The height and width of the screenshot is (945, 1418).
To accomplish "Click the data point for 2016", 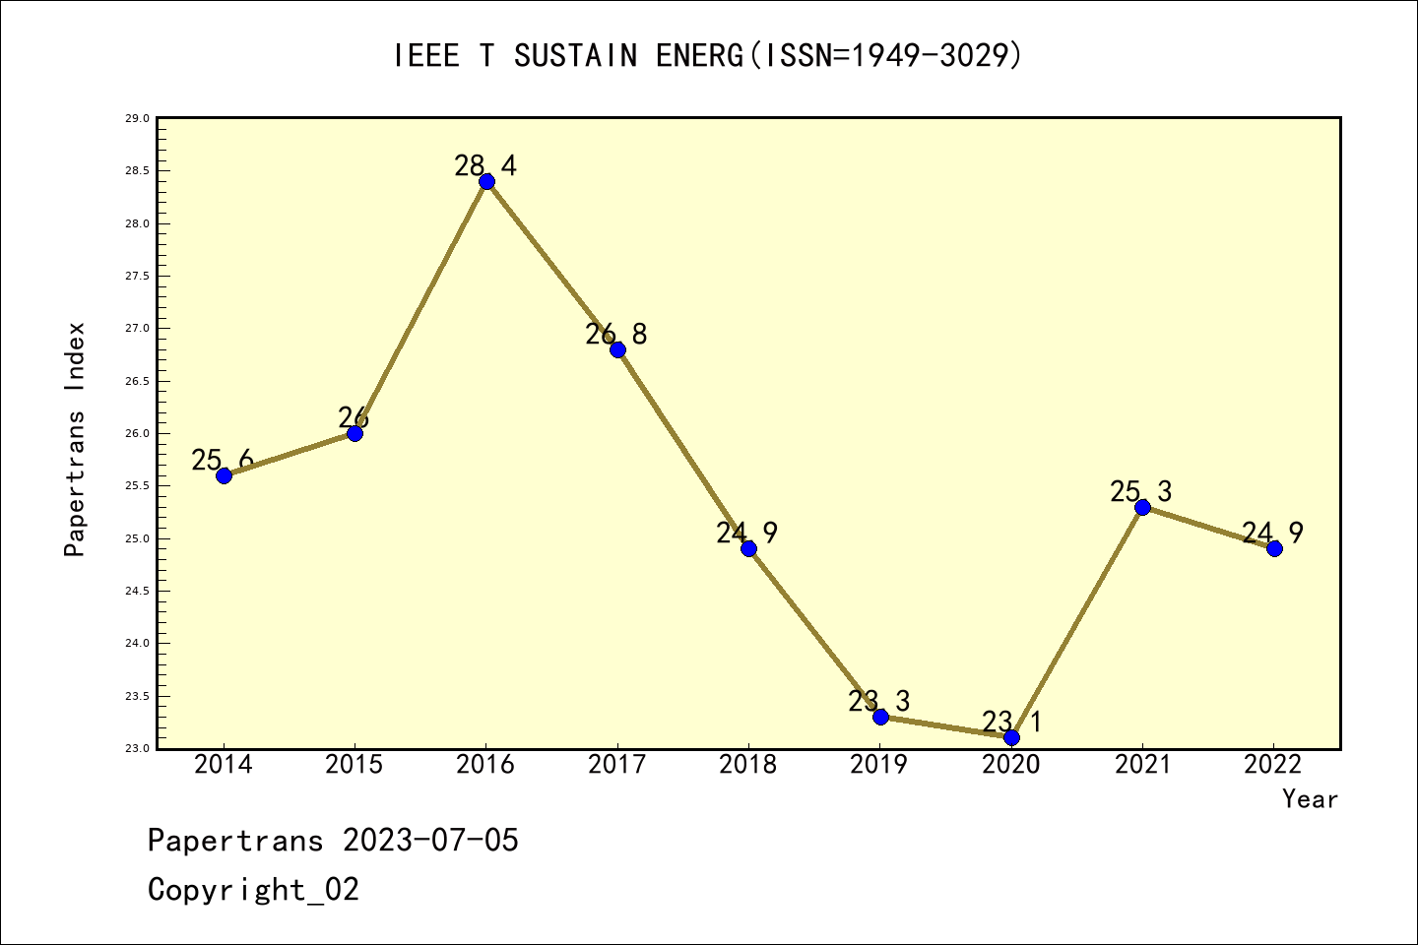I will tap(486, 181).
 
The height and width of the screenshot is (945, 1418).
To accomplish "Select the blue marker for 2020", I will tap(1011, 737).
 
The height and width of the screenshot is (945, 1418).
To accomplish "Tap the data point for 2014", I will tap(224, 475).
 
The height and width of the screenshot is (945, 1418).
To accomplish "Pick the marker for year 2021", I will tap(1142, 507).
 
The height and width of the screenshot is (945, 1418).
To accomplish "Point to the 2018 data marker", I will tap(748, 548).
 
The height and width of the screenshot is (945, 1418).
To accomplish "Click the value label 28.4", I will tap(485, 165).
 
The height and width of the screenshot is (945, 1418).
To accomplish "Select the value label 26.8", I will tap(616, 335).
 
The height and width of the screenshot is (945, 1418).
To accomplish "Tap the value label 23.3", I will tap(879, 702).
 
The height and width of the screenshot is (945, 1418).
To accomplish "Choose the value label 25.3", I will tap(1141, 491).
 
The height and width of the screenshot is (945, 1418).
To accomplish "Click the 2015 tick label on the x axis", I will tap(354, 765).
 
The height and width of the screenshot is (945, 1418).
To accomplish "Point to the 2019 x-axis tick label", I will tap(879, 765).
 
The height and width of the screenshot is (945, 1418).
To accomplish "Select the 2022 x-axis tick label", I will tap(1273, 765).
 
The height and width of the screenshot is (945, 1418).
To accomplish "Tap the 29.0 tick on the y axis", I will tap(137, 119).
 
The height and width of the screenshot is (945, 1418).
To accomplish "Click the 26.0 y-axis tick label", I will tap(137, 434).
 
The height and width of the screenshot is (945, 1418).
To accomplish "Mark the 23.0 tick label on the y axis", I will tap(137, 749).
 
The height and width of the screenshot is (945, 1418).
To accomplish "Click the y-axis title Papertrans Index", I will tap(75, 439).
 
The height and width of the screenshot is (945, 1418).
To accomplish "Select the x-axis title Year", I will tap(1311, 799).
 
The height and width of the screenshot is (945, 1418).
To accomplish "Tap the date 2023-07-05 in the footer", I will tap(430, 841).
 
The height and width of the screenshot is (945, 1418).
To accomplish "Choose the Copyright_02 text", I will tap(254, 890).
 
